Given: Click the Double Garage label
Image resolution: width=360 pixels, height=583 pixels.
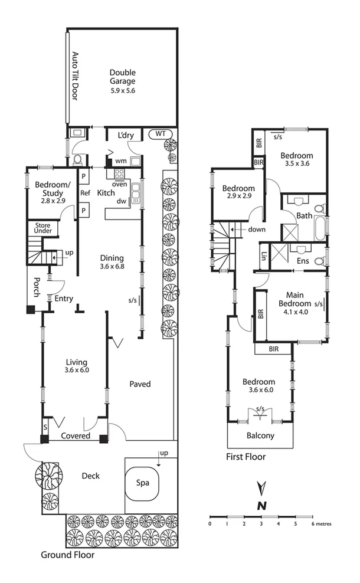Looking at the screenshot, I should click(123, 77).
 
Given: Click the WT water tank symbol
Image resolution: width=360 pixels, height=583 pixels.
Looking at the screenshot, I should click(160, 134).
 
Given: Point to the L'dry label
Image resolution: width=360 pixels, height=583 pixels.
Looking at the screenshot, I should click(126, 136).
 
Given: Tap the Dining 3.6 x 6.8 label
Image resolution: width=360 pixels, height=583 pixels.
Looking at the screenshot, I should click(112, 262).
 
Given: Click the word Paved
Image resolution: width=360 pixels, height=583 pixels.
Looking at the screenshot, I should click(140, 384).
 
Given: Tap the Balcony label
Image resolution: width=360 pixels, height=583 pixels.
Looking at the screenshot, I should click(260, 436).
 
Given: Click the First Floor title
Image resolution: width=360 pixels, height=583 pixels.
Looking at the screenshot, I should click(246, 457).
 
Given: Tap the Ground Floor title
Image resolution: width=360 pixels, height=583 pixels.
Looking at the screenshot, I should click(67, 555).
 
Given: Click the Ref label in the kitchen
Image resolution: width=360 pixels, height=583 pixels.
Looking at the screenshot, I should click(84, 192).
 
